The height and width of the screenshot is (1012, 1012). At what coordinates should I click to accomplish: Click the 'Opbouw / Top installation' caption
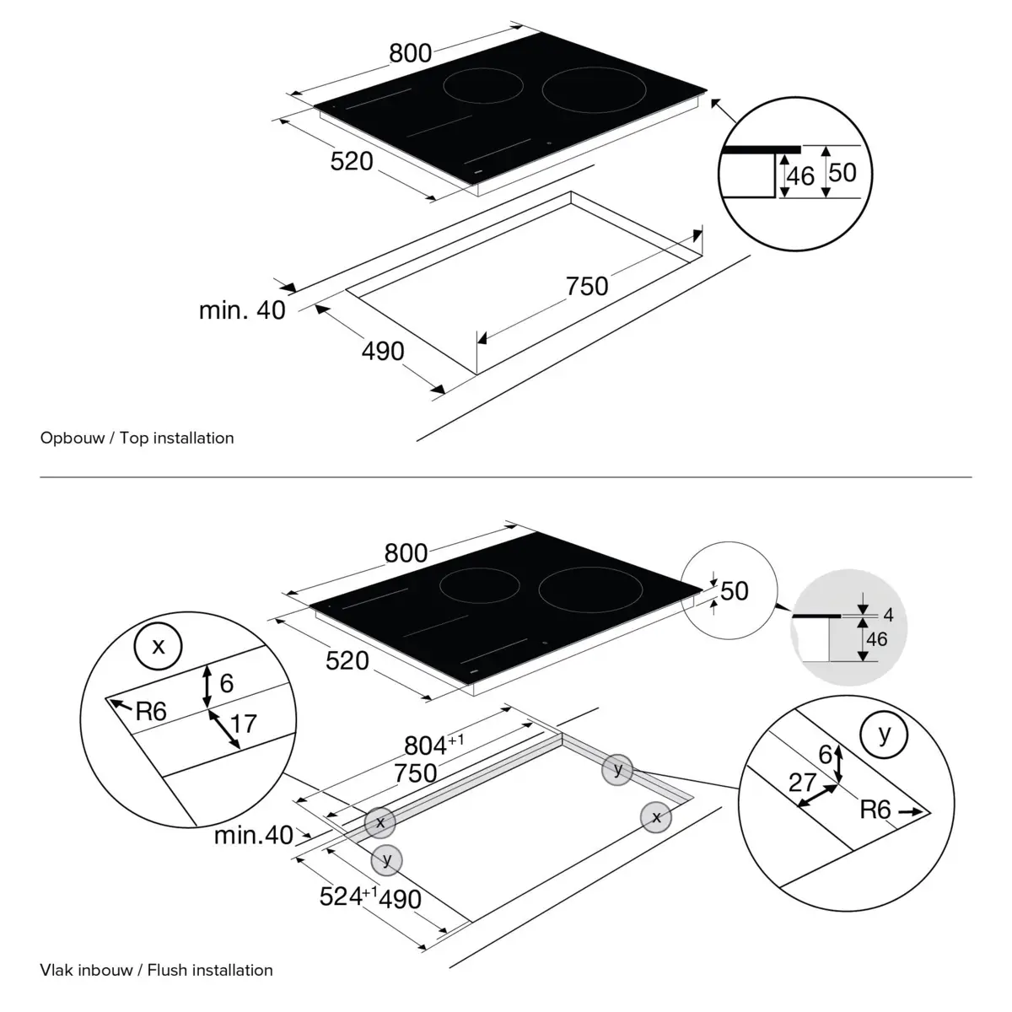137,438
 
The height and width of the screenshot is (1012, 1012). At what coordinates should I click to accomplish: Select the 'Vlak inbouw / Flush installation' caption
156,970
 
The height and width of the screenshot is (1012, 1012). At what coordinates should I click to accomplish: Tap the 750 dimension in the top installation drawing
587,287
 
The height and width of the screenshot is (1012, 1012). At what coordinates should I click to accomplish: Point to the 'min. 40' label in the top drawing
242,310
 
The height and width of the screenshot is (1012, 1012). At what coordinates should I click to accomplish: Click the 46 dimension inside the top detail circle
800,175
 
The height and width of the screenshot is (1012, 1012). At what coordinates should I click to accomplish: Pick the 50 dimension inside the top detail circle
842,172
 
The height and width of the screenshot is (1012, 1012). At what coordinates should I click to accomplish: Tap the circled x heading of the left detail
158,646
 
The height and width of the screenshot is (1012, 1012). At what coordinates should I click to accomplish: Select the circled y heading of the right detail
884,735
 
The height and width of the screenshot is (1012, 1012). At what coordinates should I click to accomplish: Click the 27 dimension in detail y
802,781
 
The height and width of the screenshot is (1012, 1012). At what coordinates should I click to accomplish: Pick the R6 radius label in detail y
875,810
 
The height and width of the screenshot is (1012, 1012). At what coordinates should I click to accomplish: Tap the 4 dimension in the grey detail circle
888,616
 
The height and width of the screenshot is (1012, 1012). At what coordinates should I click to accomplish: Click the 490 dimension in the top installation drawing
383,350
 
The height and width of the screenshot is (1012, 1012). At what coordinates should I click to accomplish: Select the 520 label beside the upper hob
351,160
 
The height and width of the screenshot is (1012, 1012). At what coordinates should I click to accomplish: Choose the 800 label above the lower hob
406,553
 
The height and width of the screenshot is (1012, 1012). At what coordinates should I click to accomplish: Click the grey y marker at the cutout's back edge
618,769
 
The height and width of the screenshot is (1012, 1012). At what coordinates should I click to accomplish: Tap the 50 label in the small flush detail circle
735,590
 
